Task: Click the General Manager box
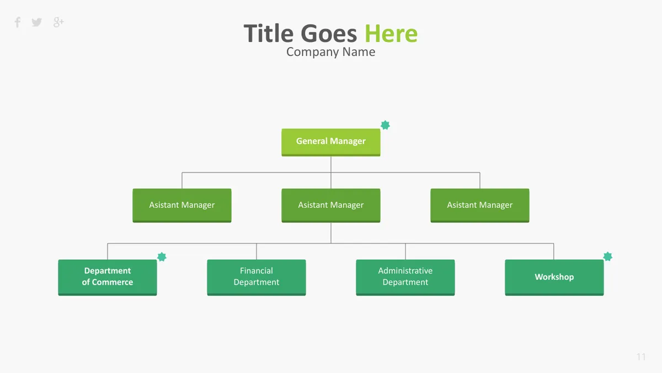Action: coord(330,142)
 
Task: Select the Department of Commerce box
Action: coord(107,277)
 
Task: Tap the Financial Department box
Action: coord(256,277)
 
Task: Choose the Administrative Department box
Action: coord(405,277)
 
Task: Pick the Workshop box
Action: coord(554,277)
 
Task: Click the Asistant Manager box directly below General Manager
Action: coord(330,205)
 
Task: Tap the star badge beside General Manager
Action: coord(385,125)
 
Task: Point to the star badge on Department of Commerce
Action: coord(162,256)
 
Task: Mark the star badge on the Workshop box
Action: coord(607,256)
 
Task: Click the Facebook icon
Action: coord(18,22)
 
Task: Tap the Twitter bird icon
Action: coord(36,22)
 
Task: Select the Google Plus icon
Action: coord(58,22)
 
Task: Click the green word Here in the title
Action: coord(391,34)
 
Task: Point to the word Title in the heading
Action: coord(268,33)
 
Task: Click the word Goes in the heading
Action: coord(329,34)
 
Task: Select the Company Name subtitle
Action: coord(330,52)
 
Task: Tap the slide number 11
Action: coord(641,357)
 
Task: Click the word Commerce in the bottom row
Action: coord(113,282)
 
